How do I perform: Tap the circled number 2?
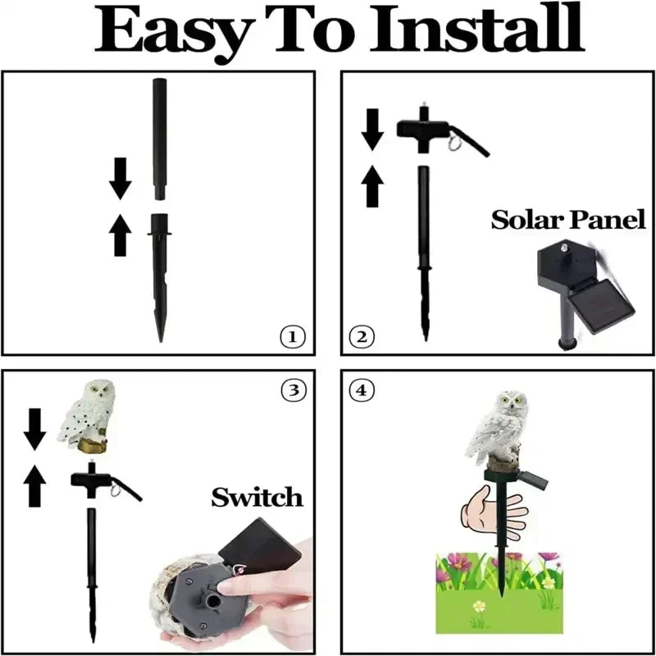tap(362, 336)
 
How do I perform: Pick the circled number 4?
tap(362, 390)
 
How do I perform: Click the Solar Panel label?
tap(568, 220)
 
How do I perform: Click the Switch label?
tap(257, 496)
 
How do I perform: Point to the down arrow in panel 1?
tap(121, 179)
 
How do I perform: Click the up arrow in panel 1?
tap(121, 235)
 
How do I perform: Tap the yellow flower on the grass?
tap(479, 607)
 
